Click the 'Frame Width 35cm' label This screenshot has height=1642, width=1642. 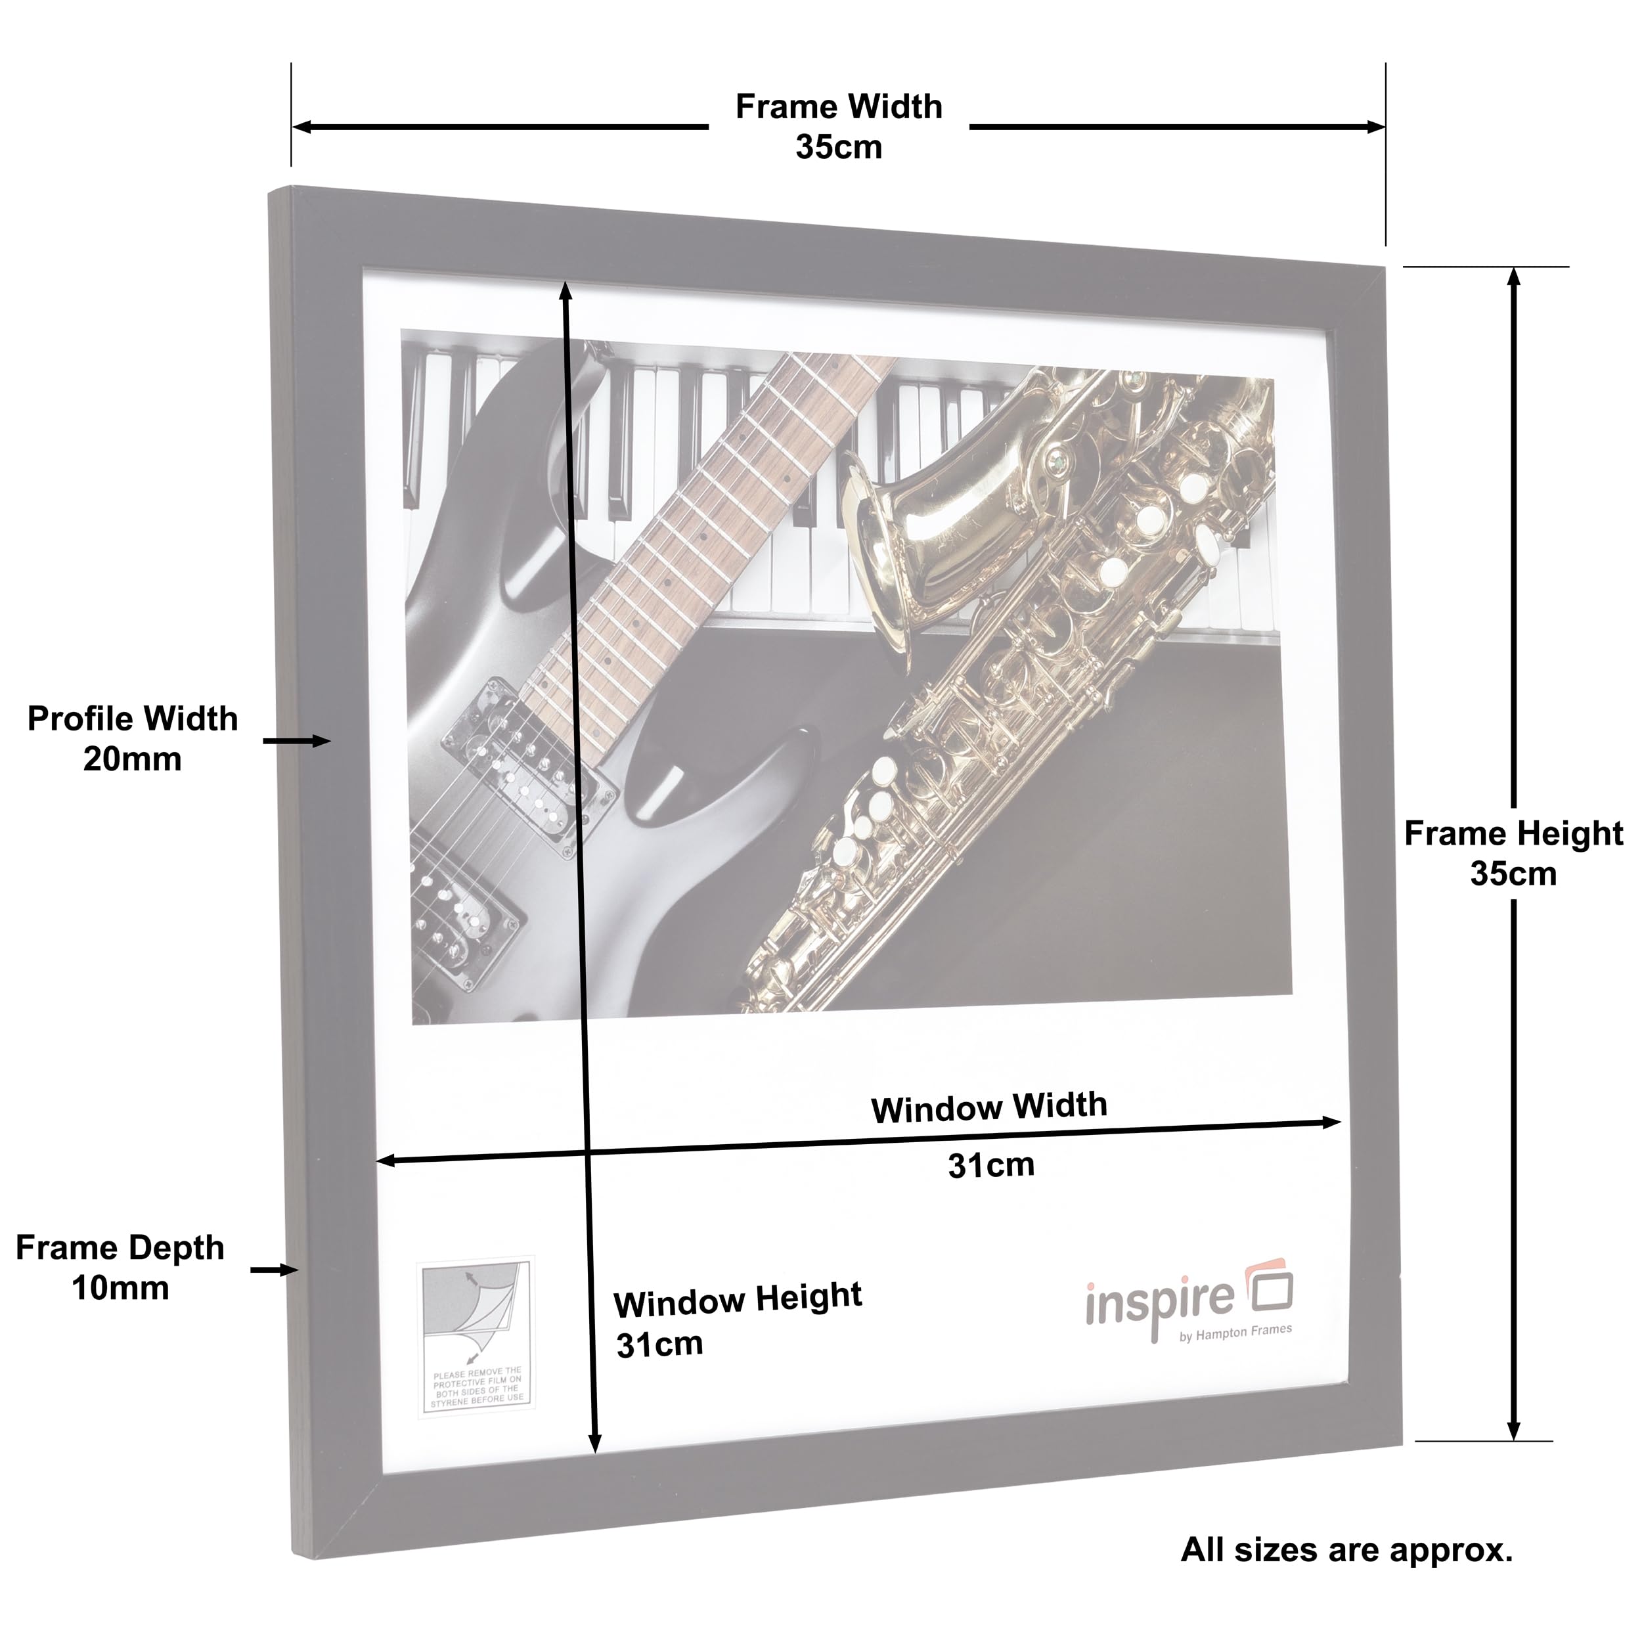839,127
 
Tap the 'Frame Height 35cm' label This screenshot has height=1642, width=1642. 1514,853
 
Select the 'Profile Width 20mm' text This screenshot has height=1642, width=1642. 133,738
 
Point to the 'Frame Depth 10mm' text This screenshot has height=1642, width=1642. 120,1267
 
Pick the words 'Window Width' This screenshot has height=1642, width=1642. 989,1107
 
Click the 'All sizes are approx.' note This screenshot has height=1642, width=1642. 1347,1549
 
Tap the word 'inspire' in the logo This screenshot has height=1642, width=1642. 1159,1307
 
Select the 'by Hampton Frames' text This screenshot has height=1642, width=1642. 1235,1333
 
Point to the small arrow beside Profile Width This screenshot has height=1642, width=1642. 297,741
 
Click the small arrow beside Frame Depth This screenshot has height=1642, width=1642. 275,1270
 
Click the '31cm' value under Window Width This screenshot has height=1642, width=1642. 992,1165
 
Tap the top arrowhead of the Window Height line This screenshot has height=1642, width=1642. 566,291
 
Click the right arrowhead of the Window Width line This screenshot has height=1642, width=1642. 1331,1122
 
